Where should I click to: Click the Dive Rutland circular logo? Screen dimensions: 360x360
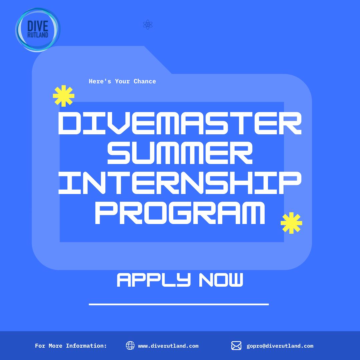38,30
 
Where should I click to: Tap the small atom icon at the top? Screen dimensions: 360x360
148,24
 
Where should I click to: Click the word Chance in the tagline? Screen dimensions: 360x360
145,81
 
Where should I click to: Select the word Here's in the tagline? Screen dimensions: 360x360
100,81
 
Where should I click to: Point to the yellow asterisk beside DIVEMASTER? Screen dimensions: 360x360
64,96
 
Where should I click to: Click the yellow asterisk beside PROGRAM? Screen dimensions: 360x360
291,223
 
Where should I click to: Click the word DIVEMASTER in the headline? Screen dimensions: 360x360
180,123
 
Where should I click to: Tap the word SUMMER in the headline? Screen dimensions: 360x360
180,153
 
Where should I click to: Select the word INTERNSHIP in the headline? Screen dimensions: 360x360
180,183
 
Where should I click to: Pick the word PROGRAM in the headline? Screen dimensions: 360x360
180,213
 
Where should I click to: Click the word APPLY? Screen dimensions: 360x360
154,280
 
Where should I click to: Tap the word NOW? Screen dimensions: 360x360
221,280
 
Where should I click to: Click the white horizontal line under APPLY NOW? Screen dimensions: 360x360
179,304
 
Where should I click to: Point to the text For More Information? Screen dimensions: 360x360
71,346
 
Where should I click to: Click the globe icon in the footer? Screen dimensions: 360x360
130,346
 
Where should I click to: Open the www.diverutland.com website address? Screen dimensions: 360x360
168,346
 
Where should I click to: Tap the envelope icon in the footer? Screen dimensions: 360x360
236,346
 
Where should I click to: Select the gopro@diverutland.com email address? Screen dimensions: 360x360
280,346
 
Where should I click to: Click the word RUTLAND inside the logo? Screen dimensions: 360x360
38,35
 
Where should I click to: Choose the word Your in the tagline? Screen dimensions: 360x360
122,81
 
